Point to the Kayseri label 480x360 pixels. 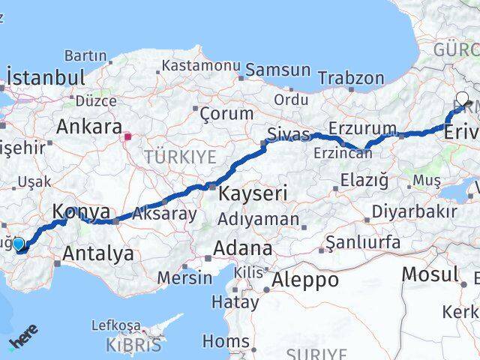[x=253, y=193]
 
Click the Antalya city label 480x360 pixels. [x=98, y=253]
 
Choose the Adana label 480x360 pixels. [x=242, y=247]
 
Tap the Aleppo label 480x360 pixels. [x=306, y=280]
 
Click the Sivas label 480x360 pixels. [x=288, y=135]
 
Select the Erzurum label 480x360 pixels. [x=362, y=128]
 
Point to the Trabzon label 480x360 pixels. [x=351, y=78]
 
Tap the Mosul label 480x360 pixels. [x=429, y=274]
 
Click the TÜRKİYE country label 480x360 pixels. [x=180, y=157]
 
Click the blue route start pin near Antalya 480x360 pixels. [x=19, y=244]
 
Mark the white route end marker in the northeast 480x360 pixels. [x=462, y=98]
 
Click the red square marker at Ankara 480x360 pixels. [x=128, y=136]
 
